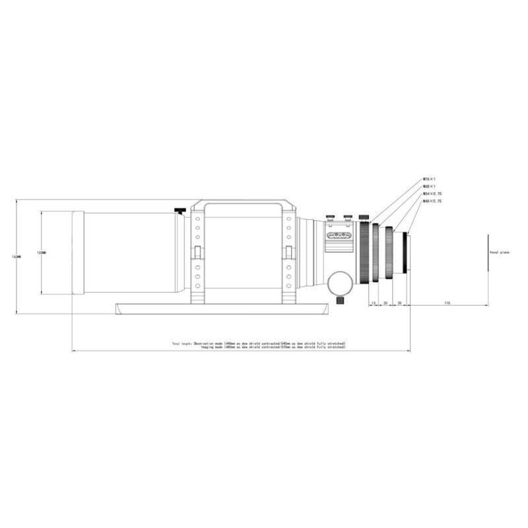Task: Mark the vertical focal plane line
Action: click(x=487, y=252)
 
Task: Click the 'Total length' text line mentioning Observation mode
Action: click(x=259, y=344)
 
